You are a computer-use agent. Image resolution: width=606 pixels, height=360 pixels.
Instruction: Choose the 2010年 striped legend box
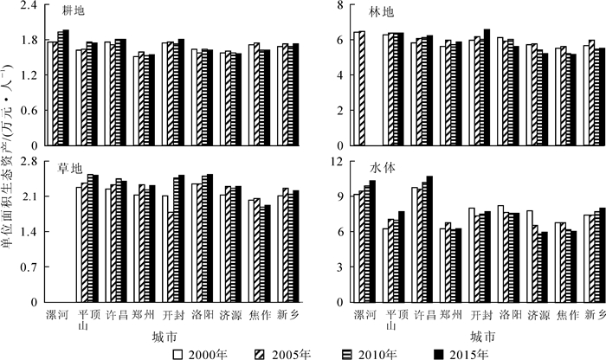pyautogui.click(x=351, y=353)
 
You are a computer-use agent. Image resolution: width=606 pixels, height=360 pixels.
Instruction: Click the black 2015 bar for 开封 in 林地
pyautogui.click(x=487, y=87)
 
